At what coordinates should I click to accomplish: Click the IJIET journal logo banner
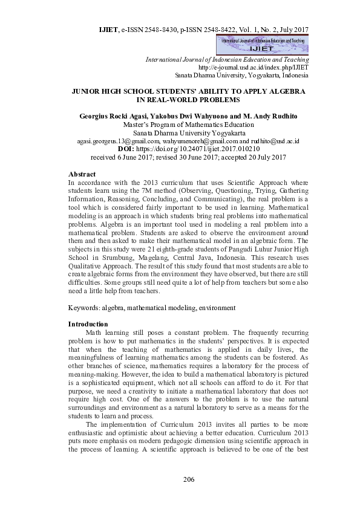(x=263, y=44)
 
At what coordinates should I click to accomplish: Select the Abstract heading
(x=82, y=174)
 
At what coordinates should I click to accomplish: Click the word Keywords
(x=83, y=308)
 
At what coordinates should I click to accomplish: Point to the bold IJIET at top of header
(x=108, y=29)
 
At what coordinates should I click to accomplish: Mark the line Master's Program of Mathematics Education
(x=188, y=124)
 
